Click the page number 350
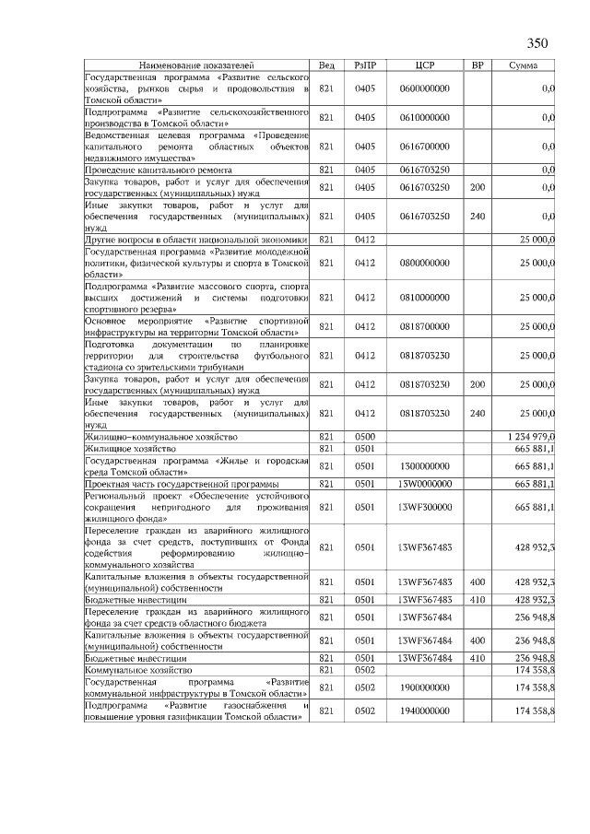(537, 43)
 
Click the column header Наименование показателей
(195, 66)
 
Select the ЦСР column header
(425, 66)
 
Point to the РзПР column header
(365, 66)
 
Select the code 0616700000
(425, 147)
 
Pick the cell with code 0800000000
(425, 263)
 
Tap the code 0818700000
(425, 326)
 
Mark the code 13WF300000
(425, 507)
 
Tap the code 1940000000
(425, 711)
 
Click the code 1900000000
(425, 687)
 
